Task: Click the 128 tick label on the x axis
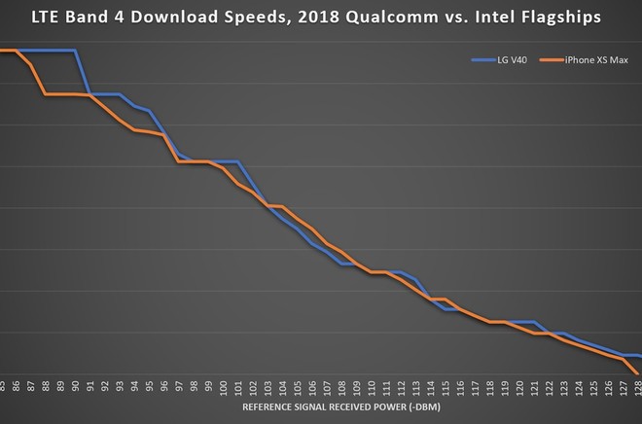tap(637, 386)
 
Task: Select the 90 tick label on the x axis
tap(75, 386)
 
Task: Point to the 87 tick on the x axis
tap(30, 386)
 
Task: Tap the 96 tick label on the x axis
tap(163, 386)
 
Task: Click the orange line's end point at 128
tap(638, 373)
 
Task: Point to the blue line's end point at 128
tap(638, 356)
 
